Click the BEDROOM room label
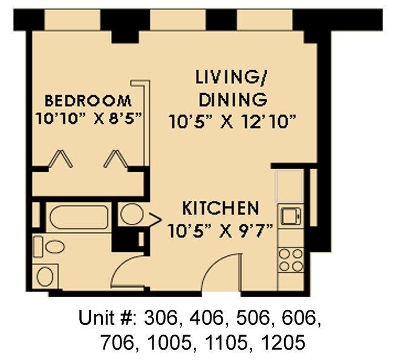click(88, 100)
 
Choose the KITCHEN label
click(221, 209)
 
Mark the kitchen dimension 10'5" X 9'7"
click(221, 230)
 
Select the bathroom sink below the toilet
click(46, 276)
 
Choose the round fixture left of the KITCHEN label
click(131, 214)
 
